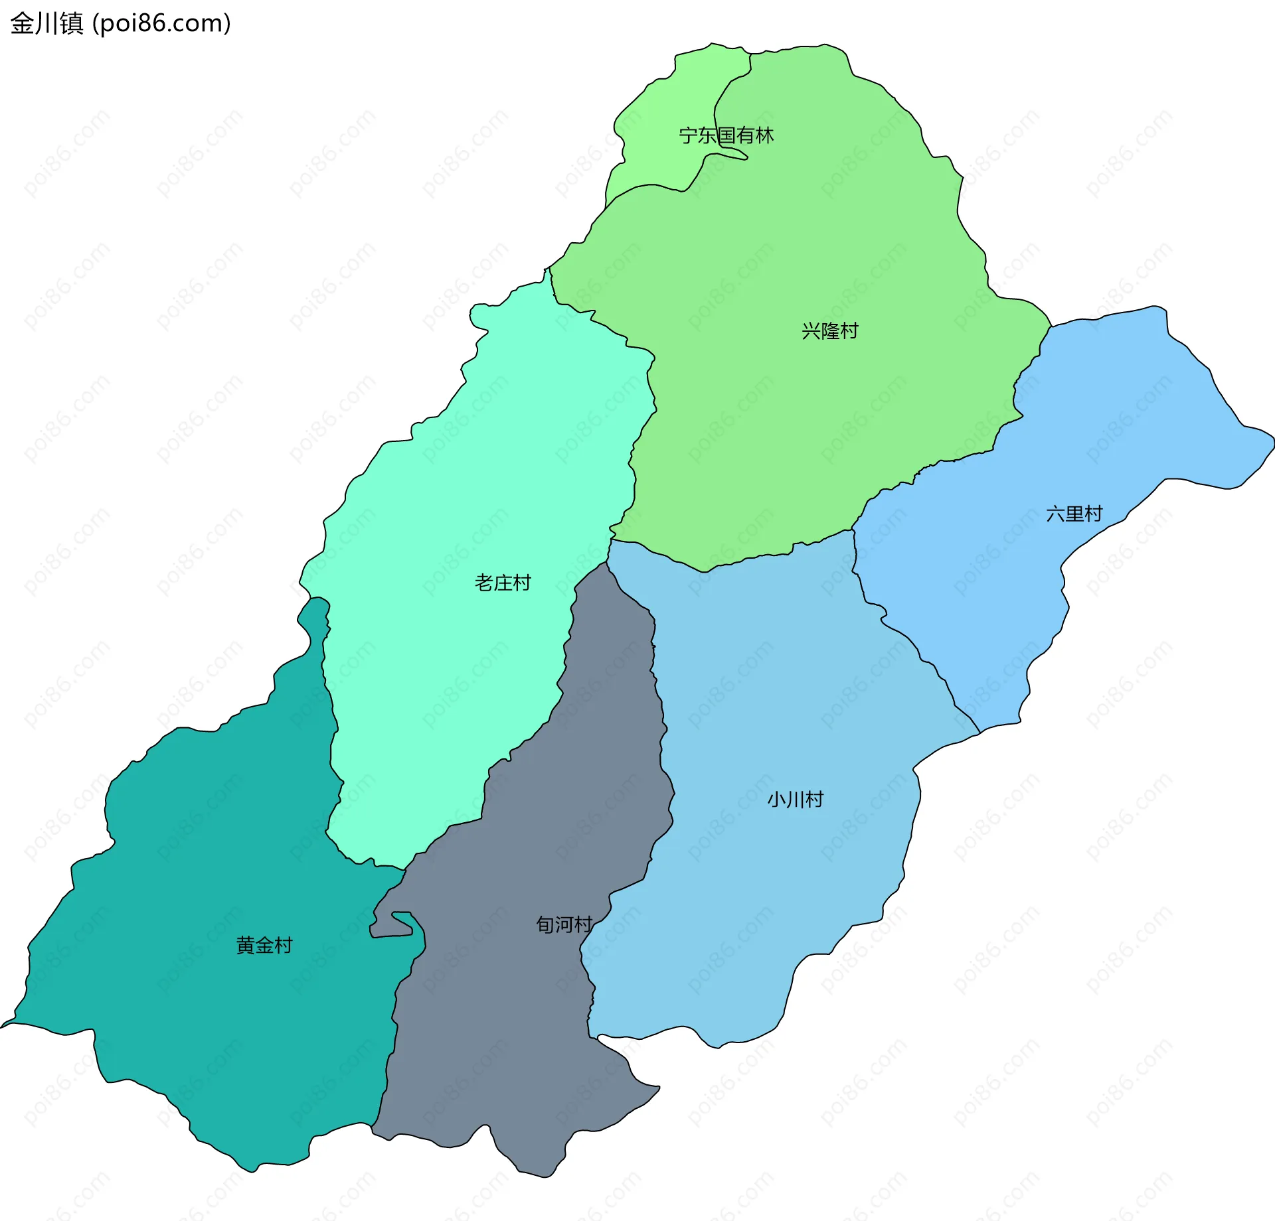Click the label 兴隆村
pos(829,330)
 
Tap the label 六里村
pos(1074,514)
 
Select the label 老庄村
pos(503,583)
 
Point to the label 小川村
pos(795,799)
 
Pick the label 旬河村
pos(564,924)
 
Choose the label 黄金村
pos(264,945)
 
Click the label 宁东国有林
pos(726,135)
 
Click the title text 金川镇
pos(46,24)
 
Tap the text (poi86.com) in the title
pos(161,24)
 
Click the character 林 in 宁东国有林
pos(765,135)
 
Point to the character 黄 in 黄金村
pos(246,945)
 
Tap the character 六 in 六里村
pos(1055,514)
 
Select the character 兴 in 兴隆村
pos(811,330)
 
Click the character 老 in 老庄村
pos(484,583)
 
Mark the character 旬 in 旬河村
pos(545,924)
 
